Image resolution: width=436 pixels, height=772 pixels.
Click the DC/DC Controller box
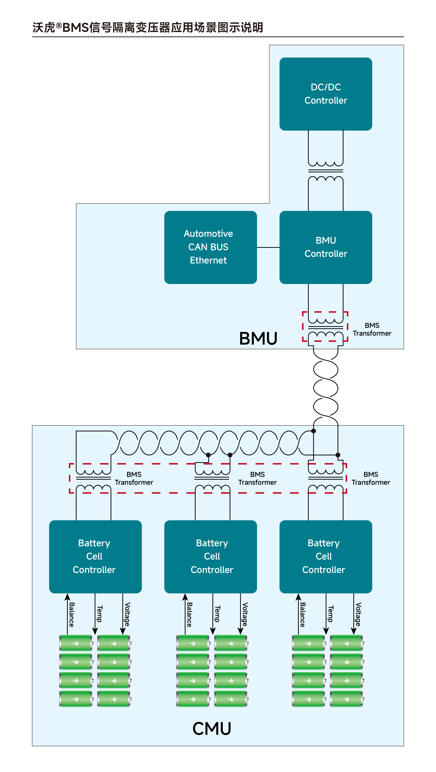[326, 94]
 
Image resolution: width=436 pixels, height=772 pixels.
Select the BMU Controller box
[326, 247]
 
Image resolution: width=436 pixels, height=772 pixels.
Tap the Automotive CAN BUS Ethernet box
[211, 247]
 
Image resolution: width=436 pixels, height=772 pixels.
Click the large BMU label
[258, 339]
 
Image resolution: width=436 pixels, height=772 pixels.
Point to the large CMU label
[212, 729]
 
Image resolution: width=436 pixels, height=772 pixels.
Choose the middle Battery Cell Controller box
[211, 557]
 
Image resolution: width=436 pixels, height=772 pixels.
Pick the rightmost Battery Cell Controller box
[326, 557]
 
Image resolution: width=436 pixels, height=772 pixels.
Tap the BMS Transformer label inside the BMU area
[372, 329]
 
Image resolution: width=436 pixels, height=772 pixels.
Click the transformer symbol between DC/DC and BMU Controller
[326, 171]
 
